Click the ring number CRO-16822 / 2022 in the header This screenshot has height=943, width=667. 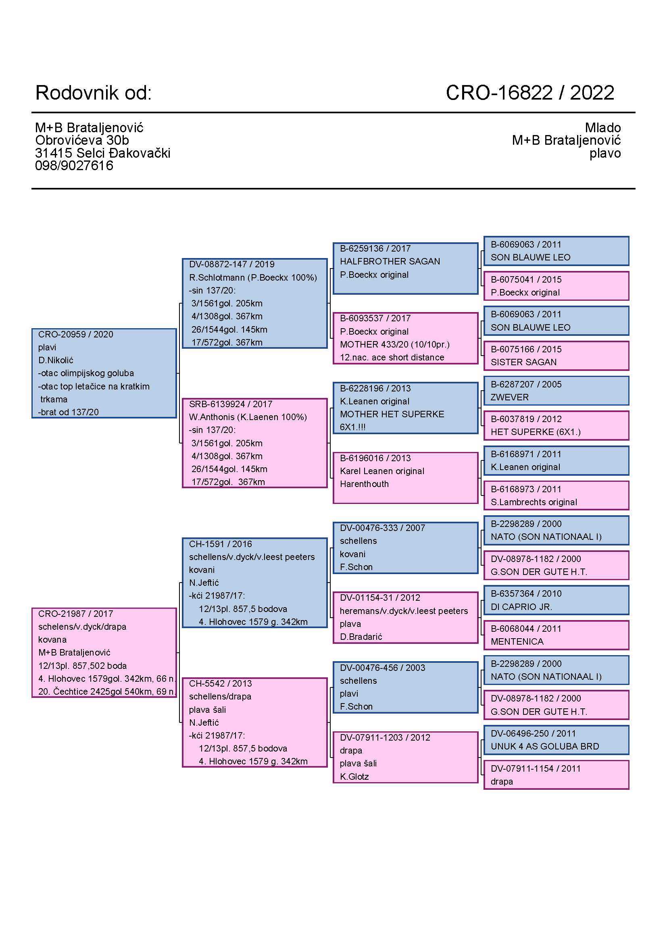(529, 93)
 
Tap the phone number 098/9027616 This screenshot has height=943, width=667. (74, 166)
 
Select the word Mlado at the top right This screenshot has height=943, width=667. (602, 127)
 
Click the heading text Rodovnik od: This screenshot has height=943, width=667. (94, 93)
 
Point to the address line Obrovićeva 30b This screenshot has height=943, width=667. (82, 140)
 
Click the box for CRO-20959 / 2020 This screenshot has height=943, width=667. (104, 373)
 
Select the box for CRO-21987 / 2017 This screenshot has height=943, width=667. (104, 652)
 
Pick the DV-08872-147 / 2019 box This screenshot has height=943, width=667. (254, 303)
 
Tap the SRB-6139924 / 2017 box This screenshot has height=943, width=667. (254, 443)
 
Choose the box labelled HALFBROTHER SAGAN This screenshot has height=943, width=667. (405, 268)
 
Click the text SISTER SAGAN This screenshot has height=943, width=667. (523, 362)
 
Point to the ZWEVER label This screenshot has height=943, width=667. (509, 397)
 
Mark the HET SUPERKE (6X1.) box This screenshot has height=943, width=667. (556, 425)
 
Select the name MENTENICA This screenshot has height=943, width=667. (517, 641)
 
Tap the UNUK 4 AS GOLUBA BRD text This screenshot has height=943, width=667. (544, 746)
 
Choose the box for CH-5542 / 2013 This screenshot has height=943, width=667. (254, 722)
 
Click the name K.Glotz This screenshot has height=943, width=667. (354, 776)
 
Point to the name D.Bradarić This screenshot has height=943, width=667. (361, 637)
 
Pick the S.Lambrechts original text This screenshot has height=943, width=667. (534, 502)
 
